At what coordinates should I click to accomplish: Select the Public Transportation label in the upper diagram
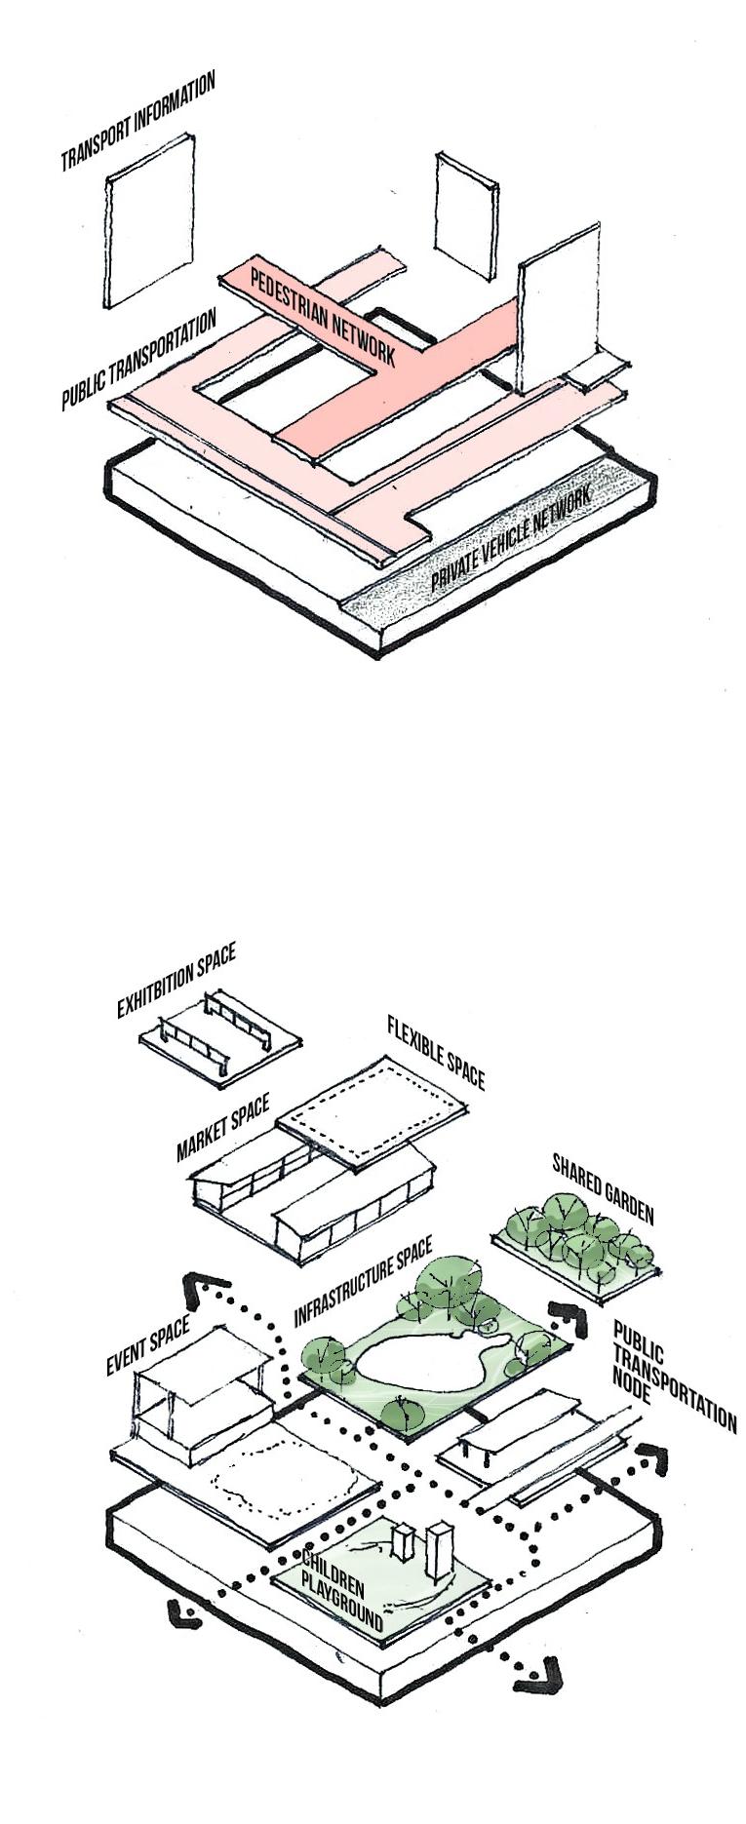point(137,361)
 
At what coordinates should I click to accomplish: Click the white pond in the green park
point(419,1365)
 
